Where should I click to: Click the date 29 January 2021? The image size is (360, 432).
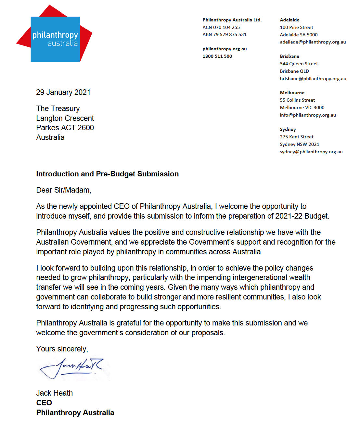63,93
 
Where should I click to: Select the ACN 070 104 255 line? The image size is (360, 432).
221,27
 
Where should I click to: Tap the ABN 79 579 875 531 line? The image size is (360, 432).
224,34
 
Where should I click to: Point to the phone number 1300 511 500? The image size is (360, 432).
217,56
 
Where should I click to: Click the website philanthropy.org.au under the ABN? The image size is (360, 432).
225,49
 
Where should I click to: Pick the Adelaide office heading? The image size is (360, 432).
289,20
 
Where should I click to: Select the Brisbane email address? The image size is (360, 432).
313,79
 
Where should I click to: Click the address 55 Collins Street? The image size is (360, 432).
297,100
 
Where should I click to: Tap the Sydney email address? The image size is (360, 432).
311,152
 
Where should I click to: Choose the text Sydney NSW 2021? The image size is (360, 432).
299,144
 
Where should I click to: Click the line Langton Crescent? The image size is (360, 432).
65,118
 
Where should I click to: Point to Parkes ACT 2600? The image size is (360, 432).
65,128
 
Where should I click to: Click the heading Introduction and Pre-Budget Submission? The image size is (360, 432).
107,174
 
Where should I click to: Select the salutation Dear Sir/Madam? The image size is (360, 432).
64,190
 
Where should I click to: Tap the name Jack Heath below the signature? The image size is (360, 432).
54,393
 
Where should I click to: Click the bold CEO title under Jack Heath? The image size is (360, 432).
44,403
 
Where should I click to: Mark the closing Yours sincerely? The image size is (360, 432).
62,349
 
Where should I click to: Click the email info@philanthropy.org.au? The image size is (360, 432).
308,115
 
